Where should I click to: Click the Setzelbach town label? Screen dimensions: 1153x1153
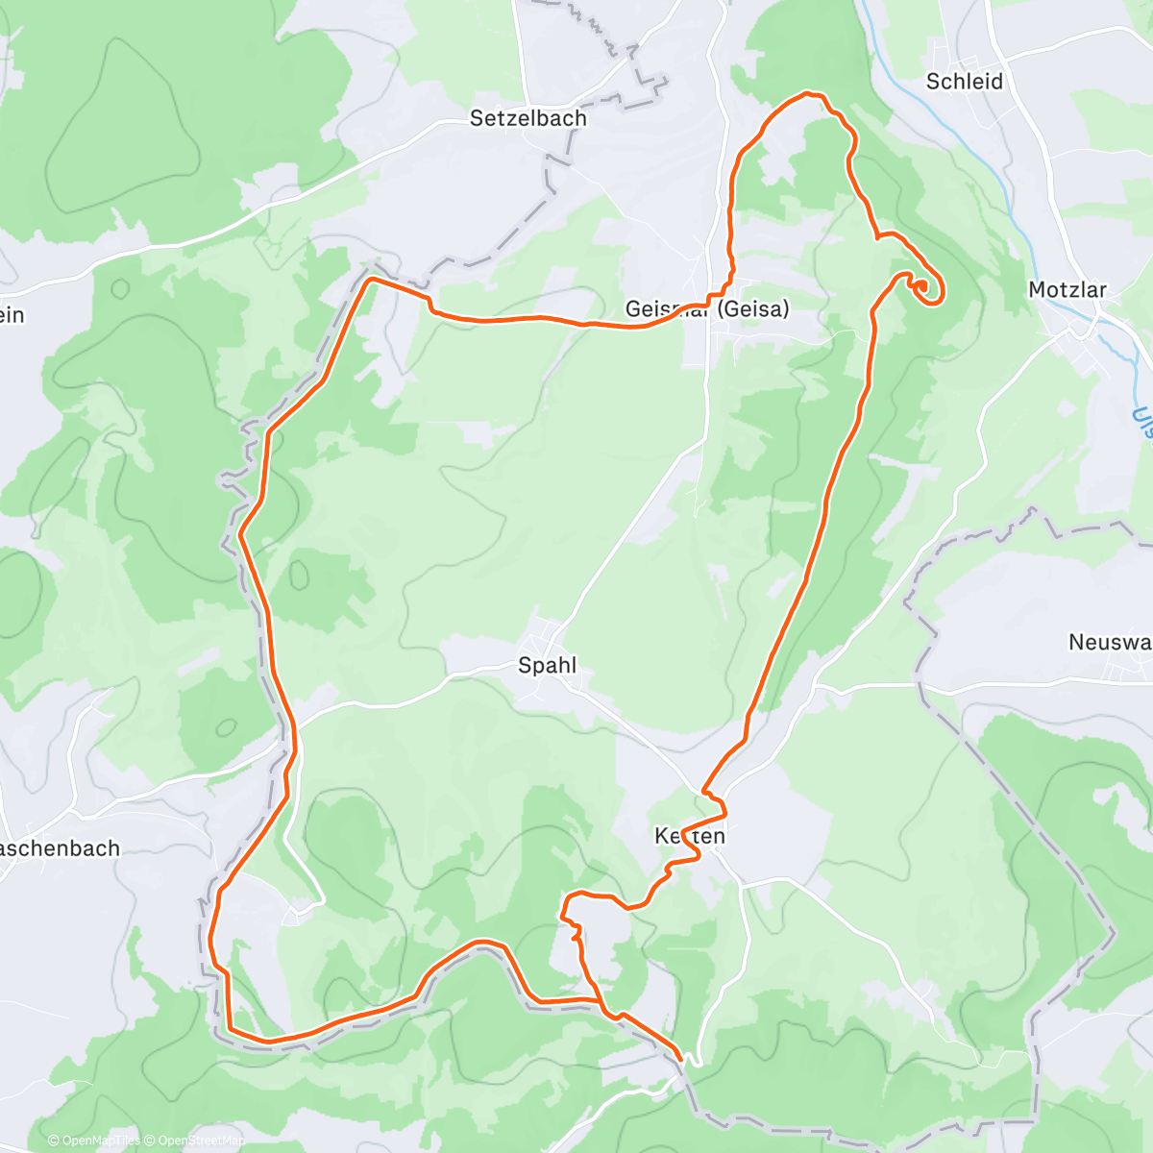click(x=527, y=118)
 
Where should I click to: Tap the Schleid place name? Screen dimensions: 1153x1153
click(x=964, y=82)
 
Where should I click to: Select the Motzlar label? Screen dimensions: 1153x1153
click(x=1067, y=290)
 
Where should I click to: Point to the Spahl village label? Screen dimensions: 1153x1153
click(x=547, y=665)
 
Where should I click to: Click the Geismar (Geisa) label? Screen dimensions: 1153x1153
click(x=706, y=308)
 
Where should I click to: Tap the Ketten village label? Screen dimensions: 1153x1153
click(x=689, y=836)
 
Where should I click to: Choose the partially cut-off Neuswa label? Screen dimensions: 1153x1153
click(x=1110, y=642)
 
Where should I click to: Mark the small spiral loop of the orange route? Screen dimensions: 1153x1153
click(x=924, y=288)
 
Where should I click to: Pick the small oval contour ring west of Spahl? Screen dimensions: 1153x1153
click(x=299, y=575)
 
